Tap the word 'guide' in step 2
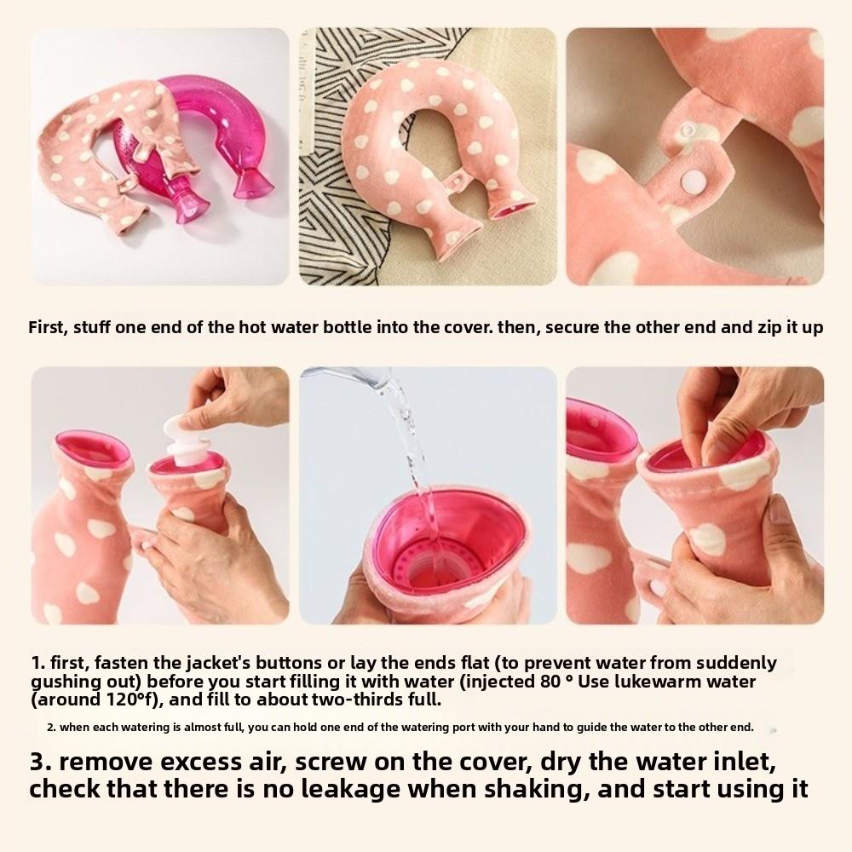tap(590, 728)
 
